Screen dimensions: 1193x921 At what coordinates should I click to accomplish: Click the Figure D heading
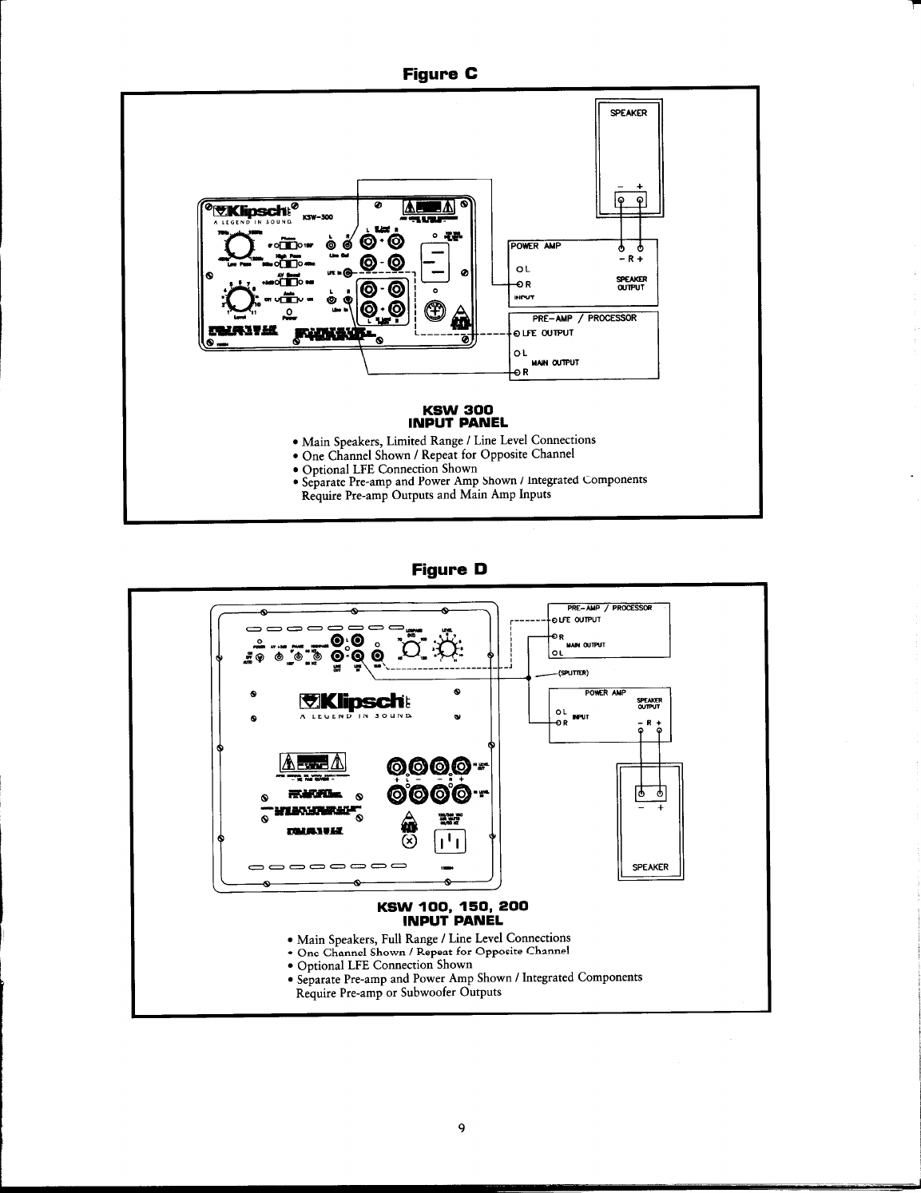point(448,569)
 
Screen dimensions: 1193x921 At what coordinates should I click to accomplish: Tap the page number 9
point(462,1128)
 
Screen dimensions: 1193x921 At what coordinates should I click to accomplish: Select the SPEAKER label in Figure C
point(629,113)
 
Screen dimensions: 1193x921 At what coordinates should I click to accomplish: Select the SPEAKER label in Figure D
point(650,866)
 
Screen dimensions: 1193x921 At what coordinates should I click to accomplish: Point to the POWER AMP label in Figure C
point(536,246)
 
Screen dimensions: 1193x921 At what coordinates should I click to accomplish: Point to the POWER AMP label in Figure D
point(605,692)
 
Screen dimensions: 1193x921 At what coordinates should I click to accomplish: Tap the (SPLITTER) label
point(573,672)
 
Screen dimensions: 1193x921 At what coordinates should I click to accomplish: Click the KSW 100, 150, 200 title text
point(453,907)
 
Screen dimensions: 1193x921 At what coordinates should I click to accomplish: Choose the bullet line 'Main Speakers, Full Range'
point(432,938)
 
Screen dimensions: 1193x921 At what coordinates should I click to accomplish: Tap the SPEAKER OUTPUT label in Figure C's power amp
point(636,283)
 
